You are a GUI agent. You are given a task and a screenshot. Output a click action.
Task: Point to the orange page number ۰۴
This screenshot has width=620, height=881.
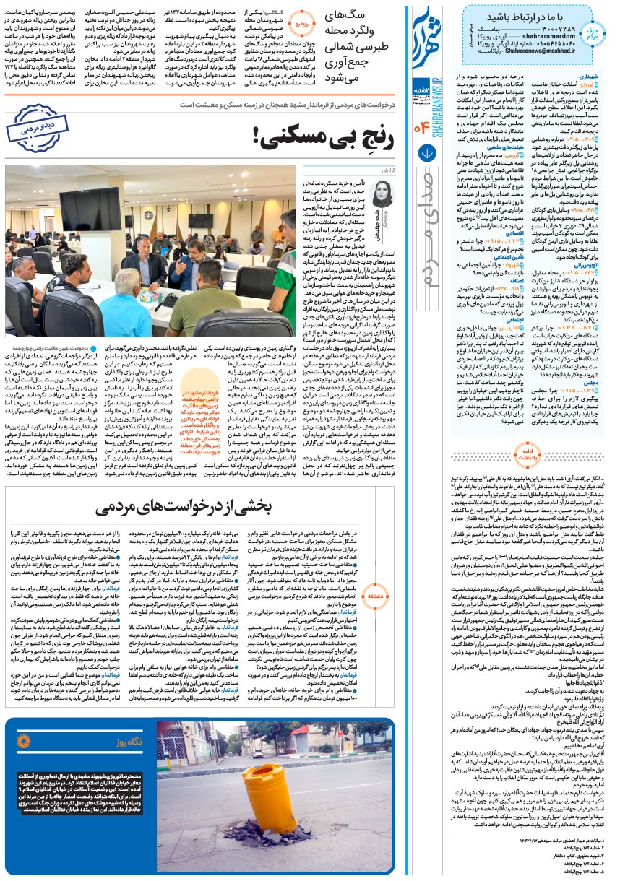click(421, 130)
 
